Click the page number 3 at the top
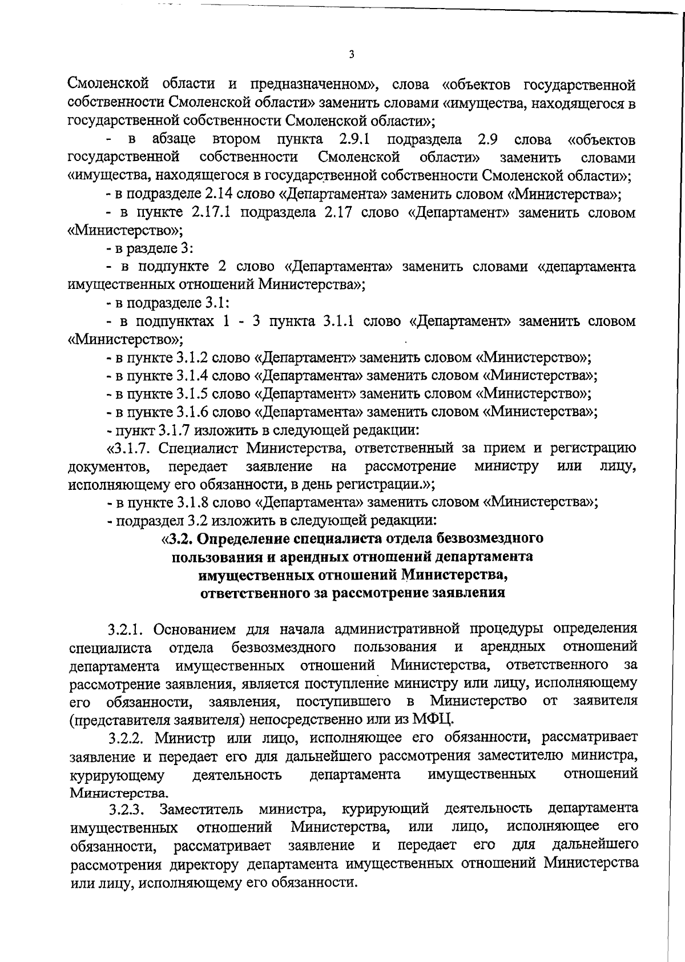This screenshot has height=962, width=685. (x=351, y=55)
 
